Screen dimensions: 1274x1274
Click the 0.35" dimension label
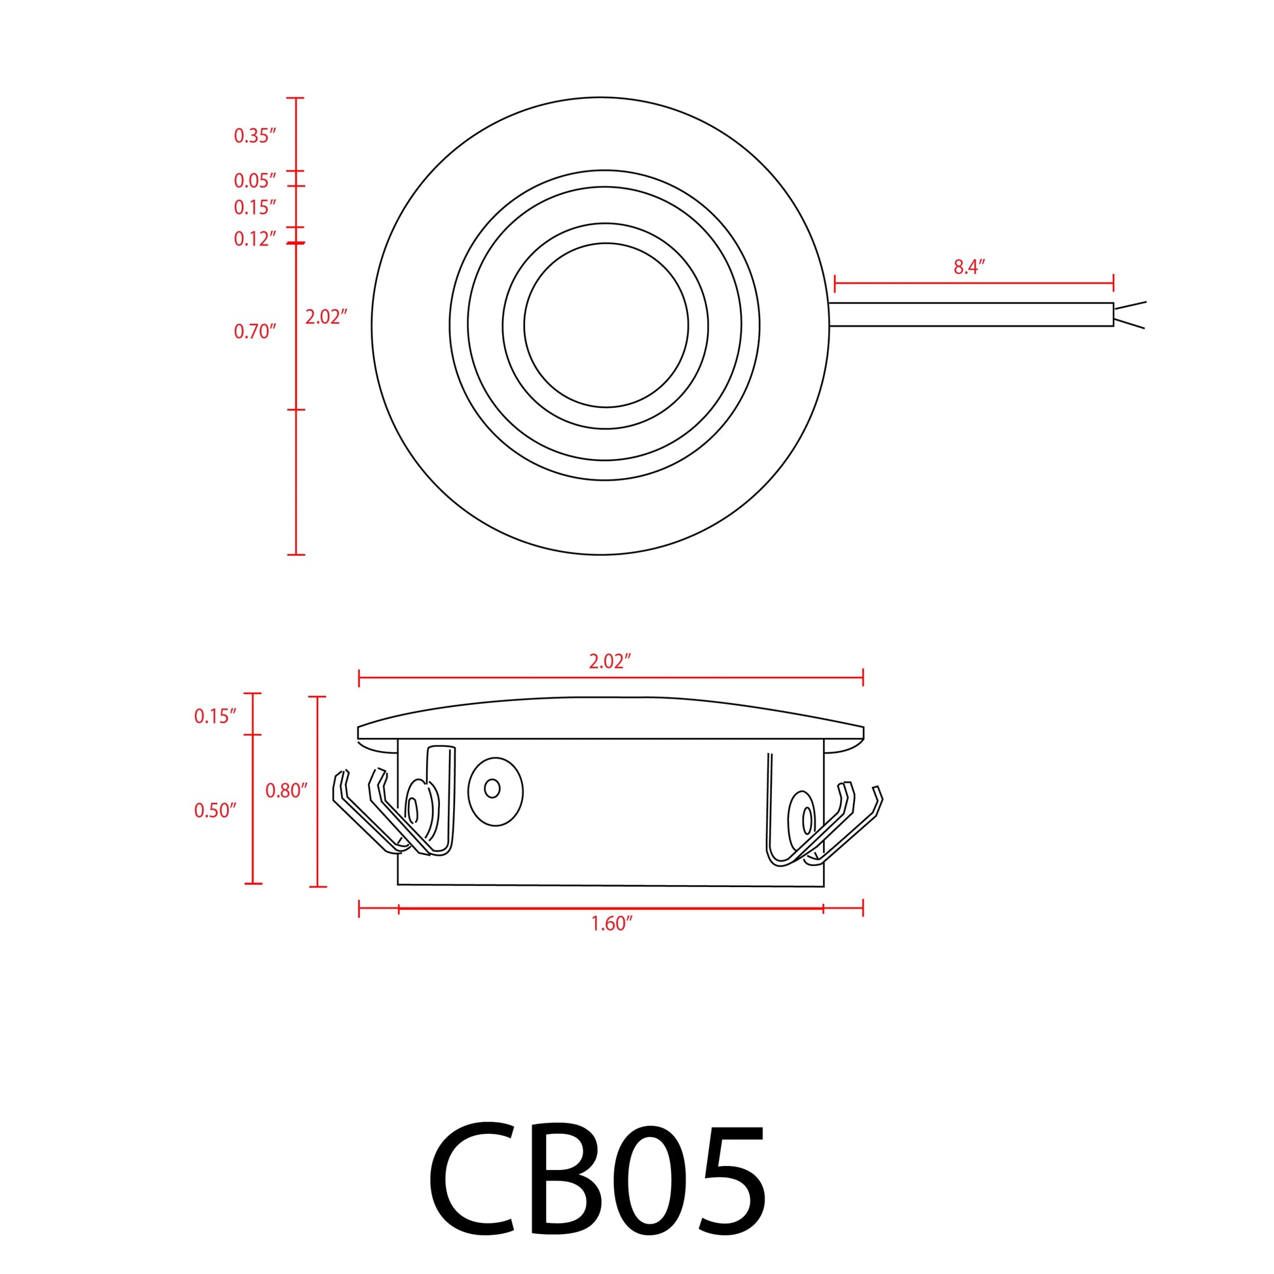click(255, 136)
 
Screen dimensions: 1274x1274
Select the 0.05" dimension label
click(255, 180)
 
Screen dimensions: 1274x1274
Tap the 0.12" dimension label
click(255, 239)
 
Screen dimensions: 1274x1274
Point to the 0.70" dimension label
click(255, 331)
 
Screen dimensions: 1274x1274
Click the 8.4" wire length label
click(969, 267)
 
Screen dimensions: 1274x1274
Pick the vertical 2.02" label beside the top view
click(326, 317)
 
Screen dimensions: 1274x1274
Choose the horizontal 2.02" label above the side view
click(610, 662)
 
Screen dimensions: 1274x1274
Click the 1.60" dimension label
click(611, 924)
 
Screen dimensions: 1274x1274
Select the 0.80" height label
click(287, 791)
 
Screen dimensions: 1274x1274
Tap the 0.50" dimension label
click(215, 810)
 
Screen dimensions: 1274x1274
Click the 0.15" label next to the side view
click(215, 716)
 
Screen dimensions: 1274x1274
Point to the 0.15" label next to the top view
click(255, 208)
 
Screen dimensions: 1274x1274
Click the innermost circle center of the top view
click(606, 325)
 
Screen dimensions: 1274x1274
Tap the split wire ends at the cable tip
click(1129, 314)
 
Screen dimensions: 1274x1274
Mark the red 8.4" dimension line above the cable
click(974, 283)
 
